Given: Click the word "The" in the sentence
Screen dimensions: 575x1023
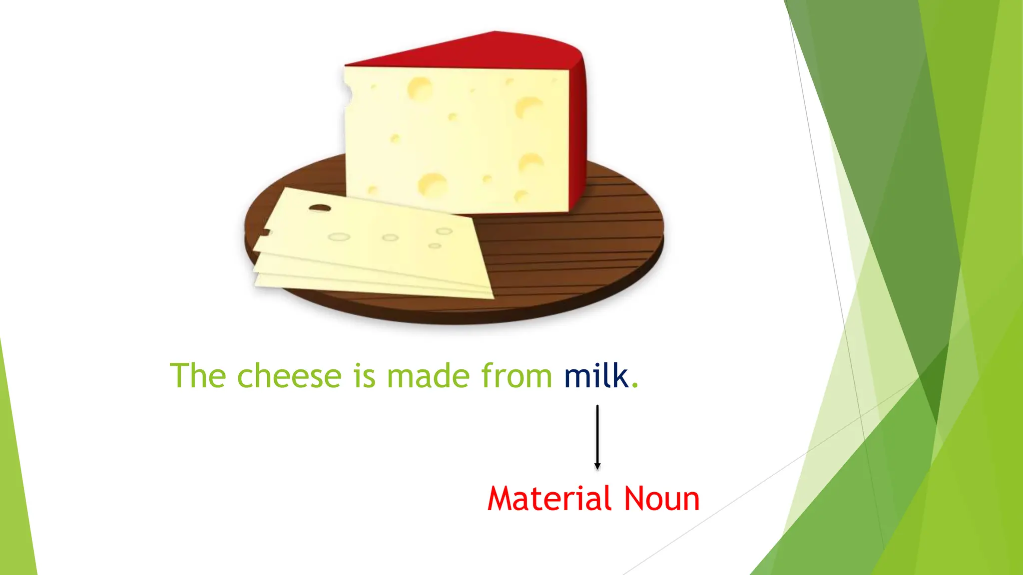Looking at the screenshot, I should click(x=198, y=376).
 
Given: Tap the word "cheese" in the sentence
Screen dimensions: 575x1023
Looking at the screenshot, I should click(x=289, y=376).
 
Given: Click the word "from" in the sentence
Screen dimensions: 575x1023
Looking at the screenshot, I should click(x=516, y=376).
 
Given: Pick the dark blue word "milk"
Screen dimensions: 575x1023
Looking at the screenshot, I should click(x=596, y=376).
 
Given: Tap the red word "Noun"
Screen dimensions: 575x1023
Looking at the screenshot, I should click(x=662, y=499).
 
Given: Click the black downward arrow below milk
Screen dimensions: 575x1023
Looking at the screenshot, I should click(x=597, y=434).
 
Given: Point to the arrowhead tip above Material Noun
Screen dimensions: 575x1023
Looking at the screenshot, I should click(x=597, y=469).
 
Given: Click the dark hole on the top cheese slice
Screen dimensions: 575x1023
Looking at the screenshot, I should click(x=320, y=208).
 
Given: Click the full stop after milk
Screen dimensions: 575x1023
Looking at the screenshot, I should click(x=635, y=385).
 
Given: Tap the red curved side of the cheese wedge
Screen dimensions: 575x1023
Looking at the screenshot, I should click(x=577, y=130).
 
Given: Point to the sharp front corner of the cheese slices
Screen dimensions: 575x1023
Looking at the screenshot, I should click(x=492, y=297).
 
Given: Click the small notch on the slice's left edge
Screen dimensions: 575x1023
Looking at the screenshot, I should click(x=265, y=232).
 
